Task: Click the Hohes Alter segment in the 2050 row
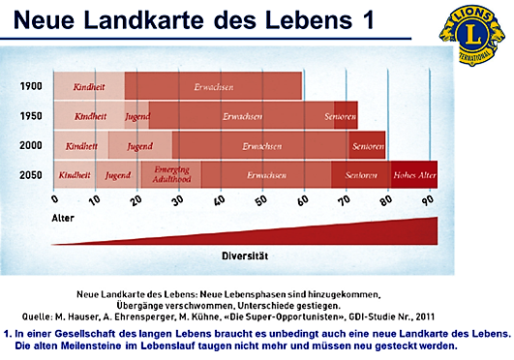click(414, 175)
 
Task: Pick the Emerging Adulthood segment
click(170, 174)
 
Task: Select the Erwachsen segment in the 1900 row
click(213, 86)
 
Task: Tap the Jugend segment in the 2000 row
click(139, 146)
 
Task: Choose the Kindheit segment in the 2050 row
click(75, 175)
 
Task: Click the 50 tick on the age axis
click(261, 199)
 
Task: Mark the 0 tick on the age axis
click(54, 199)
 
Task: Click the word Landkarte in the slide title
click(162, 20)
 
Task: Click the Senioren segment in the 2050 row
click(359, 175)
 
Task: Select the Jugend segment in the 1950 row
click(136, 116)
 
